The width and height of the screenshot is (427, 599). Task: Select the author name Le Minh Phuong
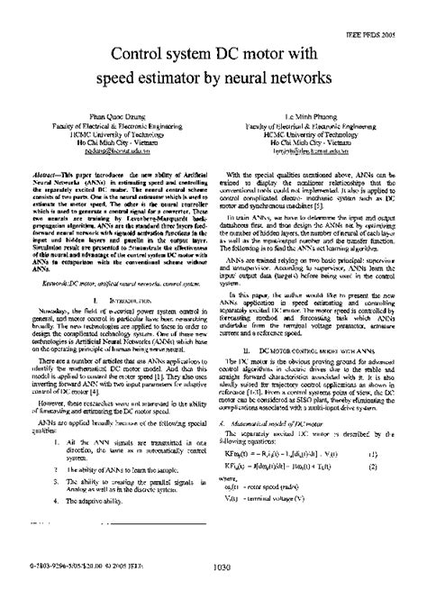tap(304, 114)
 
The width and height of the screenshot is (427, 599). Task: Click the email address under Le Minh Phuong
tap(304, 154)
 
